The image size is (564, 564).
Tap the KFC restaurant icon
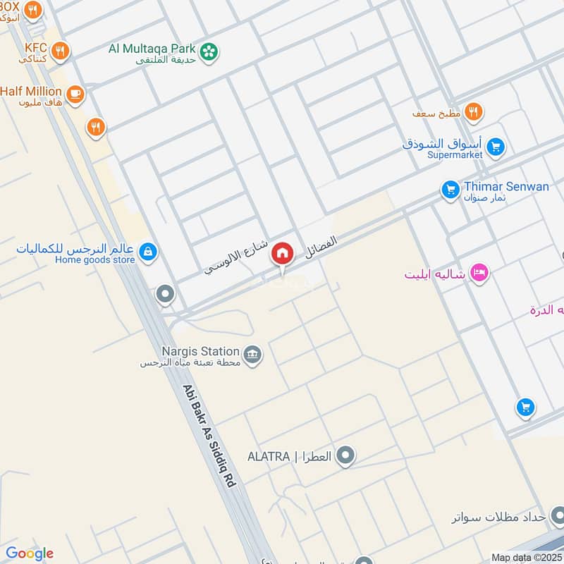pyautogui.click(x=61, y=50)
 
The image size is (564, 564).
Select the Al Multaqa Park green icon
pyautogui.click(x=209, y=51)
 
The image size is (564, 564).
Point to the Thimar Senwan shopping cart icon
pyautogui.click(x=450, y=189)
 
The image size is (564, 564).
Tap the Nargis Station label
pyautogui.click(x=201, y=350)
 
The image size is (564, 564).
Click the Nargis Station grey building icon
pyautogui.click(x=252, y=353)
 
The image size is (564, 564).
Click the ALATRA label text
pyautogui.click(x=269, y=456)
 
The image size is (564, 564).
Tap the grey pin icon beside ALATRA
pyautogui.click(x=345, y=456)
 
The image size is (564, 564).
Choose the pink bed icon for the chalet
pyautogui.click(x=479, y=272)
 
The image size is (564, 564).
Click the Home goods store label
pyautogui.click(x=95, y=259)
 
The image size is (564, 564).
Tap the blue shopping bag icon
pyautogui.click(x=147, y=251)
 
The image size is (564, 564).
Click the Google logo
pyautogui.click(x=29, y=553)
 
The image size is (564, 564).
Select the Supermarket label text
pyautogui.click(x=455, y=154)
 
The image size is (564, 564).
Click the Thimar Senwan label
pyautogui.click(x=506, y=187)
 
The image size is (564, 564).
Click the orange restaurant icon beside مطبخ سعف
pyautogui.click(x=474, y=111)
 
